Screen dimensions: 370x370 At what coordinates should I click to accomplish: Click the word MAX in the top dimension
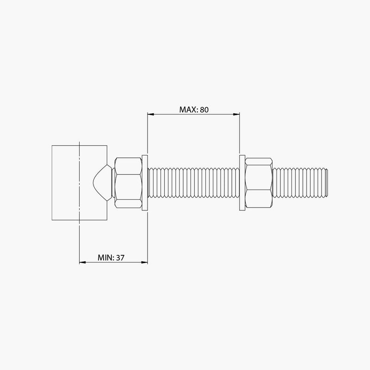(x=188, y=110)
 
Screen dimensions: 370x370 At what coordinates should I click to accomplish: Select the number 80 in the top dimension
(x=205, y=110)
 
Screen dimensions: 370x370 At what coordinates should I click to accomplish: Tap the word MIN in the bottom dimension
(x=106, y=258)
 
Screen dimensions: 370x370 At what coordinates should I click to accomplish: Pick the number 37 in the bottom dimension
(x=121, y=258)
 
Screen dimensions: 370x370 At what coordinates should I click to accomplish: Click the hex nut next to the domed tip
(x=128, y=183)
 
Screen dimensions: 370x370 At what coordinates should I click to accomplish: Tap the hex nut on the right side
(x=259, y=183)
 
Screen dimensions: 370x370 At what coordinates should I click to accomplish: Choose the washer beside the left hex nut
(x=145, y=183)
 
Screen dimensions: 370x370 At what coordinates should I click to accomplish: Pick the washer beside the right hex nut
(x=241, y=183)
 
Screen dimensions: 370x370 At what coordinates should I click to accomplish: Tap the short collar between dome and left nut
(x=112, y=183)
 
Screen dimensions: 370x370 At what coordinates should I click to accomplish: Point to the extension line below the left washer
(x=147, y=236)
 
